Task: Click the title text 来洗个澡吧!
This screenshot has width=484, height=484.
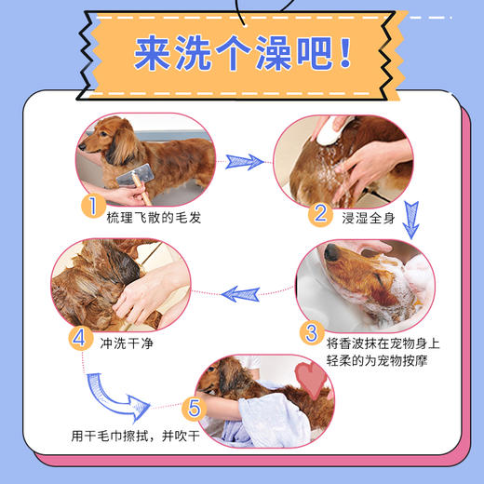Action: click(242, 54)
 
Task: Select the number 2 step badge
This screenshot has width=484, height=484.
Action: click(320, 213)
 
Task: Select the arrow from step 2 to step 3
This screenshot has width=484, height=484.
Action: click(410, 220)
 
